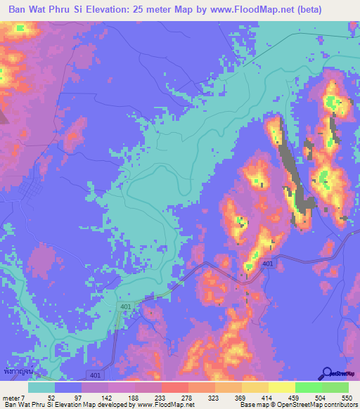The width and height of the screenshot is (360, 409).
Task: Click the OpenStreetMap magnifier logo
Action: click(326, 374)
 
